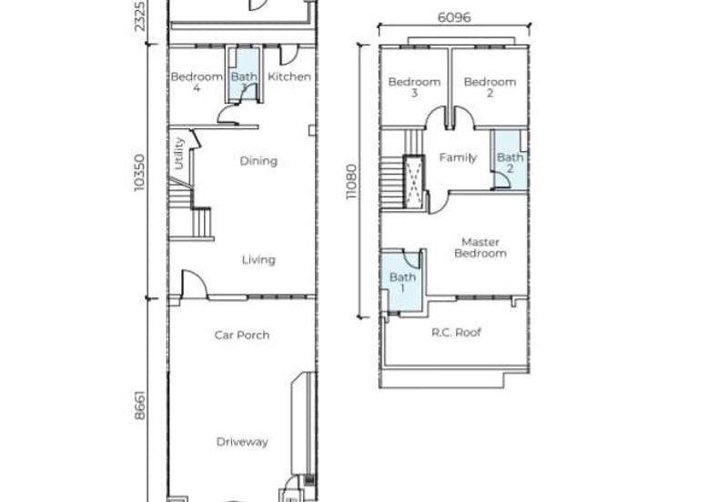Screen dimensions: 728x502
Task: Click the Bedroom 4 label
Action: (197, 82)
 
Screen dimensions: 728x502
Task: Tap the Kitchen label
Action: (289, 76)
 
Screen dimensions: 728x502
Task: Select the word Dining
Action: (258, 162)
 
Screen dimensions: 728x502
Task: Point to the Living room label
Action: (258, 260)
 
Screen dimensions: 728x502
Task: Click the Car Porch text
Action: (242, 335)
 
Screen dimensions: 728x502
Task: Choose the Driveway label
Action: (242, 442)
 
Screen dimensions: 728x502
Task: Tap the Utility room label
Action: (178, 154)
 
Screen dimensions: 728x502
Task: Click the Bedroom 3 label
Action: (414, 87)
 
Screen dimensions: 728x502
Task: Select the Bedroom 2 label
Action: (490, 87)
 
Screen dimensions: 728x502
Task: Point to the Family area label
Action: (458, 157)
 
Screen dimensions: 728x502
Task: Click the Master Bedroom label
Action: (480, 247)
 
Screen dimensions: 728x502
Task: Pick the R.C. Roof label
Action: (456, 332)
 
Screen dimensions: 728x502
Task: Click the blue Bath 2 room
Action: (510, 160)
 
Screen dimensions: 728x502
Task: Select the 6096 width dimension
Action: (454, 17)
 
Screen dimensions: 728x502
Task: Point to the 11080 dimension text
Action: (351, 182)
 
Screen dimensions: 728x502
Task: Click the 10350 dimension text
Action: (139, 173)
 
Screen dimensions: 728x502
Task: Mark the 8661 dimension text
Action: (140, 405)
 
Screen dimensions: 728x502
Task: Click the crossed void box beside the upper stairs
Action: (414, 182)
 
